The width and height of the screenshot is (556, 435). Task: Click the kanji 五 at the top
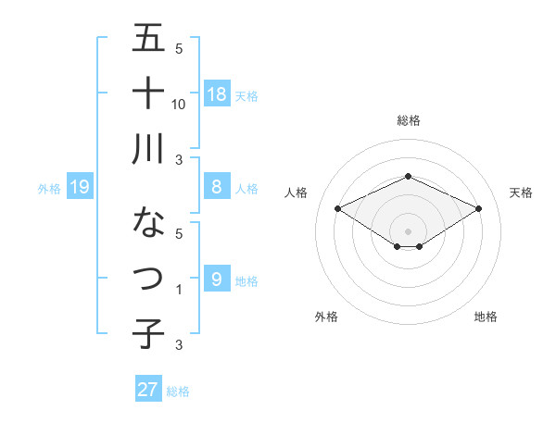149,39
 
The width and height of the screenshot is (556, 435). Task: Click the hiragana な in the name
149,222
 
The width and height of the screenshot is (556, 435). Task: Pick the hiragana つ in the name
149,278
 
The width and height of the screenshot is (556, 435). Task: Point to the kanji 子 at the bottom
149,333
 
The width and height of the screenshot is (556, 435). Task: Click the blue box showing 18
217,93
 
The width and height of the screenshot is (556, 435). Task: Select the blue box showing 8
217,187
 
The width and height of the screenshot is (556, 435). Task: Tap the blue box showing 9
217,279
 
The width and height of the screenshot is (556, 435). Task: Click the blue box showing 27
148,390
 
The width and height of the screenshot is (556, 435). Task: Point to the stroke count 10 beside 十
179,104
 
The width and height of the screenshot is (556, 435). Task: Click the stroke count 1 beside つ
179,290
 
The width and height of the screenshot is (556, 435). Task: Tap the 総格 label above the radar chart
408,120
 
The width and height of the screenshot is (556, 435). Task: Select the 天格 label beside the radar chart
521,193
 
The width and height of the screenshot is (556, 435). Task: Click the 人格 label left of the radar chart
297,193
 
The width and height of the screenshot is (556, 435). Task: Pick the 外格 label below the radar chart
326,317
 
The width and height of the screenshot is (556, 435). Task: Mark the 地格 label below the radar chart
486,317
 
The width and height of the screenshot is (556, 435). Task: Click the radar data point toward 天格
478,208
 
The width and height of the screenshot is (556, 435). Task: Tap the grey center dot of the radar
408,230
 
